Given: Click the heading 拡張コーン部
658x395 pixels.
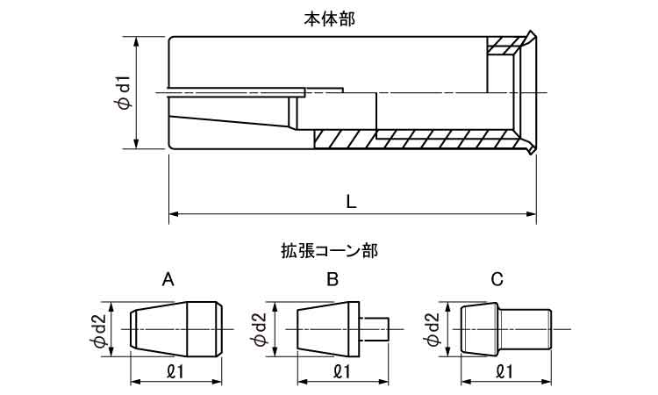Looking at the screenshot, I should [329, 251].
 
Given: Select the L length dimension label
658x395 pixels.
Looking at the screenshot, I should [351, 200].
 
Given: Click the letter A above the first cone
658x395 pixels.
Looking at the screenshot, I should [168, 280].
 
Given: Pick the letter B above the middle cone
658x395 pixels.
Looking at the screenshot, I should [332, 280].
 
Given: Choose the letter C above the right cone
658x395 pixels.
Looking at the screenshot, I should [497, 280].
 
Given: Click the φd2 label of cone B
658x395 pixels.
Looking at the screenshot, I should [260, 329].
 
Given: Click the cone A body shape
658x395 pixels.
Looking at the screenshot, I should [175, 328].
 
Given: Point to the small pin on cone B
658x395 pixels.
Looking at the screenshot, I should [375, 328].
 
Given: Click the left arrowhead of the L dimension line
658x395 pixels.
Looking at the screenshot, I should [173, 213].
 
